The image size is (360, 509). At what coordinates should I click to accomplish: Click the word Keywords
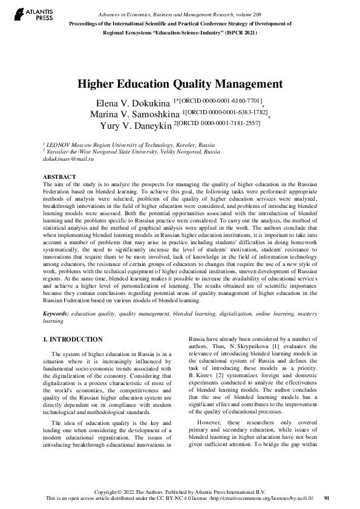tap(55, 315)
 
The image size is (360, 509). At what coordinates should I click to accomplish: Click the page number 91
tap(327, 498)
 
